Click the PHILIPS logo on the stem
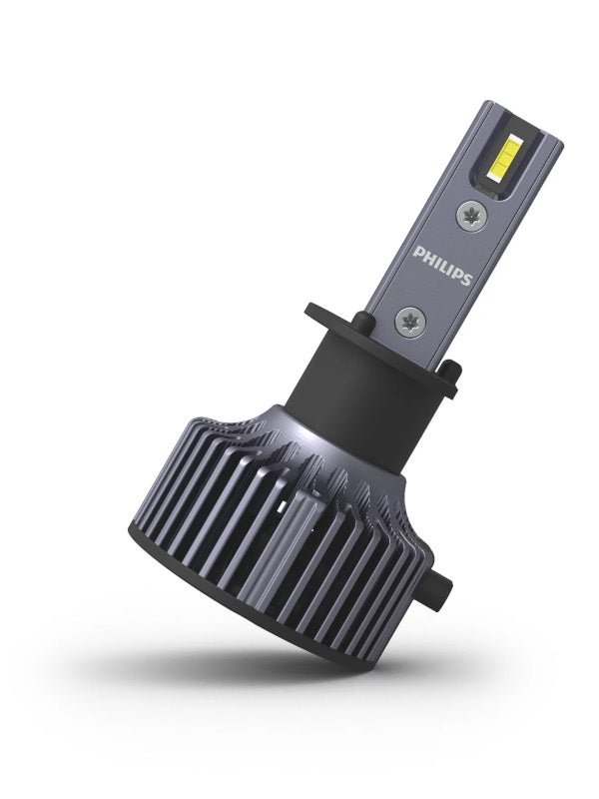pyautogui.click(x=442, y=266)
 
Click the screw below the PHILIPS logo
pyautogui.click(x=409, y=321)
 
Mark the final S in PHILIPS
pyautogui.click(x=467, y=279)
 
